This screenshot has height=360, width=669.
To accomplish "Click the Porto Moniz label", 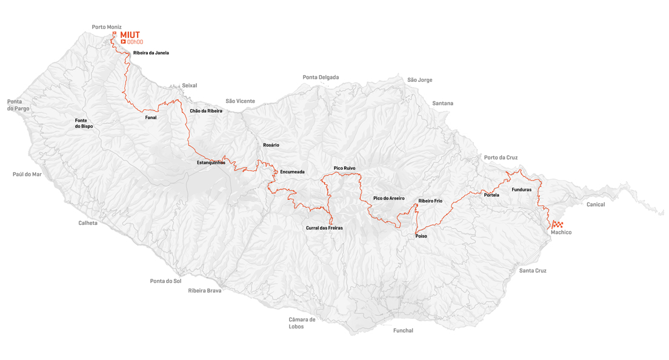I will pos(107,27).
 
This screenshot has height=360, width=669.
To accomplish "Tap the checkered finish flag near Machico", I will pos(557,224).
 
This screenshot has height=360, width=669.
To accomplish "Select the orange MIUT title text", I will pos(130,35).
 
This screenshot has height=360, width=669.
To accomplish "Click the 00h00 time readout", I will pos(135,42).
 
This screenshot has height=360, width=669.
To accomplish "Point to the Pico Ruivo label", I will pos(344,168).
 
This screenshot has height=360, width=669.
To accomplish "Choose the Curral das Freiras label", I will pos(324,228).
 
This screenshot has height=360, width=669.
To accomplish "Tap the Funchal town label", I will pos(403,330).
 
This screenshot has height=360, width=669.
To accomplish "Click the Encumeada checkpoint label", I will pos(292,172).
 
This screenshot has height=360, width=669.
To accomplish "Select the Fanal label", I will pos(151,118).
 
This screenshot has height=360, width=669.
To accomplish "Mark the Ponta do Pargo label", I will pos(18,105).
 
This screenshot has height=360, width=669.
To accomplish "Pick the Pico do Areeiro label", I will pos(388,198).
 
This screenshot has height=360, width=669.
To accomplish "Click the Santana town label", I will pos(442,104).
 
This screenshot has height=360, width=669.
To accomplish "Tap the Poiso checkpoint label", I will pos(421,236).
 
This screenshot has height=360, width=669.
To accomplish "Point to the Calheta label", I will pos(88,223).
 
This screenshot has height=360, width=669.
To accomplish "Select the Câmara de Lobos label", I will pos(302,323).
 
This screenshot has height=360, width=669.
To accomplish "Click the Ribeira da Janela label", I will pos(151,53).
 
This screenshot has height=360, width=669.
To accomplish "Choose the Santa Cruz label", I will pos(533,271).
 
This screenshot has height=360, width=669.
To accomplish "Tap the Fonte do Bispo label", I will pos(84,124).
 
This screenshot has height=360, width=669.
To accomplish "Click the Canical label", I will pos(595,205).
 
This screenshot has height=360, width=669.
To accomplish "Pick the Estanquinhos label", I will pos(211,162).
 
